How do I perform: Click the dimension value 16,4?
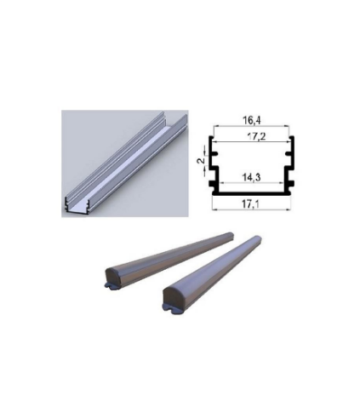click(x=251, y=120)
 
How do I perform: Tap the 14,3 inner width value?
click(x=252, y=178)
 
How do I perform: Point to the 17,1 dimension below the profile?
click(x=251, y=203)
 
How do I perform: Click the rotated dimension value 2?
click(x=201, y=160)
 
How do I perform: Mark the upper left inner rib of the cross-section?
click(x=214, y=154)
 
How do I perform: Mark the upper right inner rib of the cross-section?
click(x=289, y=154)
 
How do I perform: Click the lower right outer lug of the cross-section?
click(x=291, y=184)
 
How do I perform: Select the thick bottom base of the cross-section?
click(x=251, y=193)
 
